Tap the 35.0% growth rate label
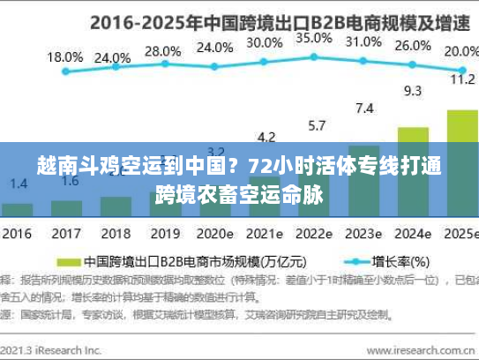pos(313,38)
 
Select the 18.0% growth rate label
pos(64,56)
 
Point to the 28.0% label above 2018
pos(162,51)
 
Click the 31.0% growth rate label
pos(363,41)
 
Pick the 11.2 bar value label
pos(462,79)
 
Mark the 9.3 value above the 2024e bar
pos(412,90)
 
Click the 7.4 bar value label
pos(363,109)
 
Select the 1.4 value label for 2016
pos(18,184)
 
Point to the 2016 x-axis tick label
pos(17,236)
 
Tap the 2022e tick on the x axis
pos(314,236)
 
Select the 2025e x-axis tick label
pos(460,236)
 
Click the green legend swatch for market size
pos(68,262)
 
